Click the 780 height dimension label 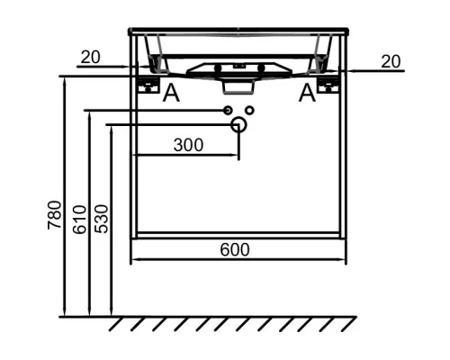[52, 217]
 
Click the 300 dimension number [187, 144]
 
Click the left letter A [171, 92]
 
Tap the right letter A [308, 92]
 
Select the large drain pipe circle [238, 124]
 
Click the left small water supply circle [229, 110]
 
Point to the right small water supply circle [249, 110]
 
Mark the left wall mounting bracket [148, 84]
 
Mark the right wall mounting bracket [330, 84]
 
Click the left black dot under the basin [217, 68]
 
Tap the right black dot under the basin [262, 68]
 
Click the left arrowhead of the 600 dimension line [135, 262]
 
